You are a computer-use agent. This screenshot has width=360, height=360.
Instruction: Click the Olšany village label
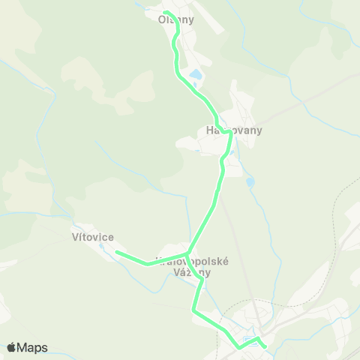pyautogui.click(x=176, y=20)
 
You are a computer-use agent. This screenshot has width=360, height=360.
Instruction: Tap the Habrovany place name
pyautogui.click(x=234, y=130)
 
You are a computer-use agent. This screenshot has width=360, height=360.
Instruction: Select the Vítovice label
pyautogui.click(x=92, y=237)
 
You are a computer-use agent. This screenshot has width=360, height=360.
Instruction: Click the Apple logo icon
pyautogui.click(x=11, y=347)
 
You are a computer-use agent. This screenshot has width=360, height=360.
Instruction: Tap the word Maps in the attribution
pyautogui.click(x=32, y=347)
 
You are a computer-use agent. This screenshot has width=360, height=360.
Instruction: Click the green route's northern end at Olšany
pyautogui.click(x=166, y=13)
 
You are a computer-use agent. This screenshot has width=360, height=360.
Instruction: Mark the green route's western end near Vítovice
pyautogui.click(x=117, y=253)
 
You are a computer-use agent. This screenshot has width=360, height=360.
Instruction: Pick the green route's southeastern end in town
pyautogui.click(x=265, y=346)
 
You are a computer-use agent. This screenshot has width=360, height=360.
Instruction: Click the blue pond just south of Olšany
pyautogui.click(x=194, y=75)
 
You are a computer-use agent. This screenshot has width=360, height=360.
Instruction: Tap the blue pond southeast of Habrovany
pyautogui.click(x=250, y=181)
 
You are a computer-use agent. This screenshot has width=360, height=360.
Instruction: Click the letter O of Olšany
pyautogui.click(x=162, y=20)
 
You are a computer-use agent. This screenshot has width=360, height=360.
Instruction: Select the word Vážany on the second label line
pyautogui.click(x=193, y=273)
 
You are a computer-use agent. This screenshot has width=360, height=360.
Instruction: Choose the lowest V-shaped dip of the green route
pyautogui.click(x=239, y=347)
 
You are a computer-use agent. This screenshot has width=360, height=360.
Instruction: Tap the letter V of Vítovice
pyautogui.click(x=75, y=237)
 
